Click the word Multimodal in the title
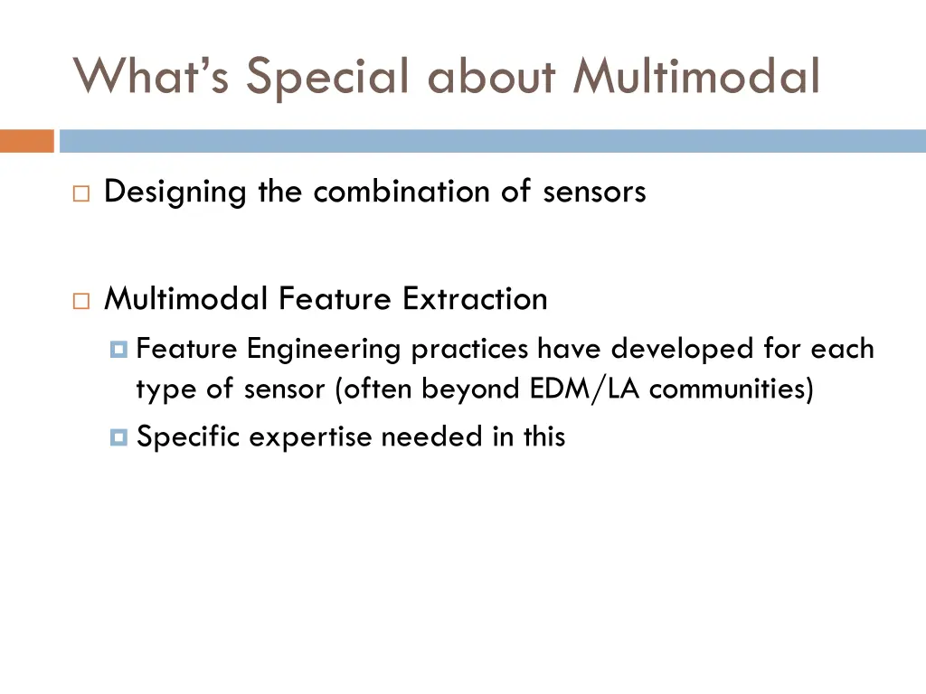[696, 76]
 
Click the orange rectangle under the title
[27, 141]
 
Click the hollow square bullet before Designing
[81, 192]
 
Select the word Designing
[175, 192]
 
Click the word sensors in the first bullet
[594, 192]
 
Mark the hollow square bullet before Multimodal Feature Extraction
[81, 299]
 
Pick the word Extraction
[475, 298]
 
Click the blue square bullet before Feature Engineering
[118, 349]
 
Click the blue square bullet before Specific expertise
[118, 437]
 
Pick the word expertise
[310, 437]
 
